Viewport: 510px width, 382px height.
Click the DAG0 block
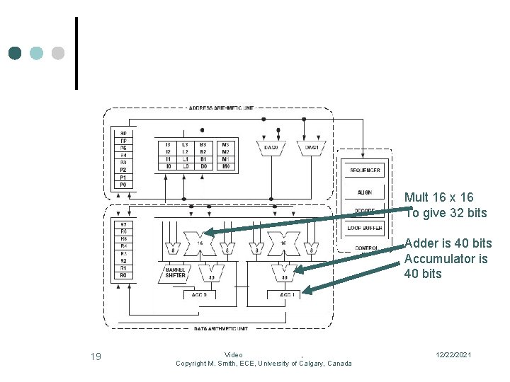[271, 148]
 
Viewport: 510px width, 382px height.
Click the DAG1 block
[312, 148]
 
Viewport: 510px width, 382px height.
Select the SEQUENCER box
[365, 170]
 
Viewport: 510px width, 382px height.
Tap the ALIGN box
[365, 192]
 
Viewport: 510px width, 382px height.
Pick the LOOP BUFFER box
[365, 228]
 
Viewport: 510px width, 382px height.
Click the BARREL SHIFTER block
[175, 272]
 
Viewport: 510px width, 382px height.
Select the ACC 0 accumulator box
[200, 294]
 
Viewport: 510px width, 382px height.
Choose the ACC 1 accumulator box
[285, 294]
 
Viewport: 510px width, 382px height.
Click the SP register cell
[123, 133]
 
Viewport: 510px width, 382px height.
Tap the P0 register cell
[123, 185]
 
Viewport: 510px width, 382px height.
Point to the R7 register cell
[123, 224]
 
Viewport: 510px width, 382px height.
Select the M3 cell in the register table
[225, 144]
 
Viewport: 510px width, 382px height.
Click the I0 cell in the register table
[167, 166]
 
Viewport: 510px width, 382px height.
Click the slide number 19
[96, 357]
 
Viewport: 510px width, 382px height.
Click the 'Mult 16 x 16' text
[438, 197]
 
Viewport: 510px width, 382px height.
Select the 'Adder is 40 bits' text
[448, 243]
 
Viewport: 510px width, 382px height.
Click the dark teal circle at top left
[15, 53]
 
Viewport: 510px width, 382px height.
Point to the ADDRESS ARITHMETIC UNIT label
[222, 108]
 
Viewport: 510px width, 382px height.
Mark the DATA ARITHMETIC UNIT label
[221, 328]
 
